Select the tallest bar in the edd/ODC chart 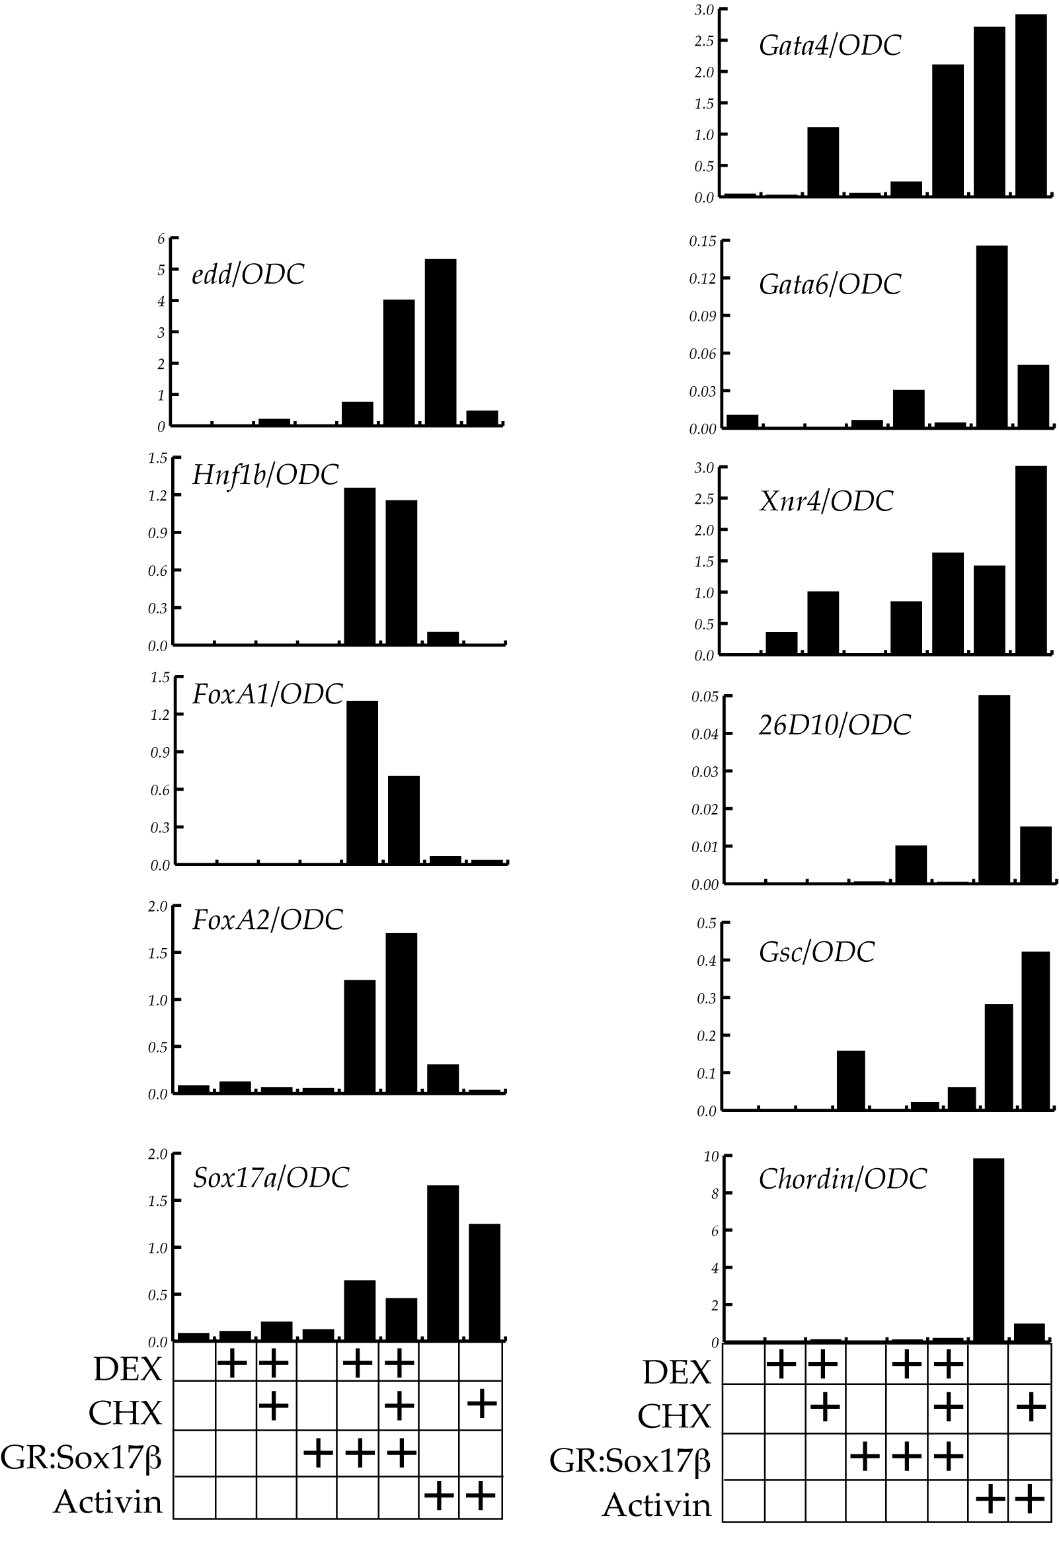click(x=440, y=342)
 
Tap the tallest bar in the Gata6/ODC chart click(x=992, y=336)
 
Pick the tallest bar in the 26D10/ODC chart click(x=994, y=789)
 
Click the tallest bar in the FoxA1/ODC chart click(x=362, y=782)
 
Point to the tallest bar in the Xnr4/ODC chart click(x=1031, y=560)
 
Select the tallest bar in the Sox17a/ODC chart click(x=442, y=1263)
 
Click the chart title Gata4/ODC click(x=830, y=45)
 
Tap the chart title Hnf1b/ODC click(x=265, y=475)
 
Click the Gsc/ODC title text click(x=816, y=951)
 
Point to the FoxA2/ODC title click(x=267, y=920)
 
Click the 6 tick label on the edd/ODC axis click(x=161, y=239)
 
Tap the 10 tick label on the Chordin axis click(x=711, y=1156)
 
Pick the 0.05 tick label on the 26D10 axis click(x=705, y=697)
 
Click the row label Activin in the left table click(x=108, y=1501)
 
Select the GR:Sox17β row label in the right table click(x=629, y=1460)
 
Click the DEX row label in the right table click(x=676, y=1372)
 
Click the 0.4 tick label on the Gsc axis click(x=707, y=961)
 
